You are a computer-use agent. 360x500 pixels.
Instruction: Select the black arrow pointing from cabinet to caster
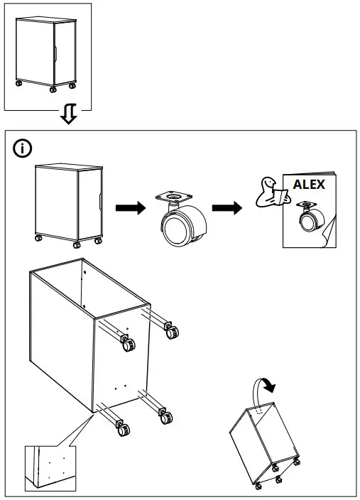[129, 208]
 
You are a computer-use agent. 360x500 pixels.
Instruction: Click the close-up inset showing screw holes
[50, 467]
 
